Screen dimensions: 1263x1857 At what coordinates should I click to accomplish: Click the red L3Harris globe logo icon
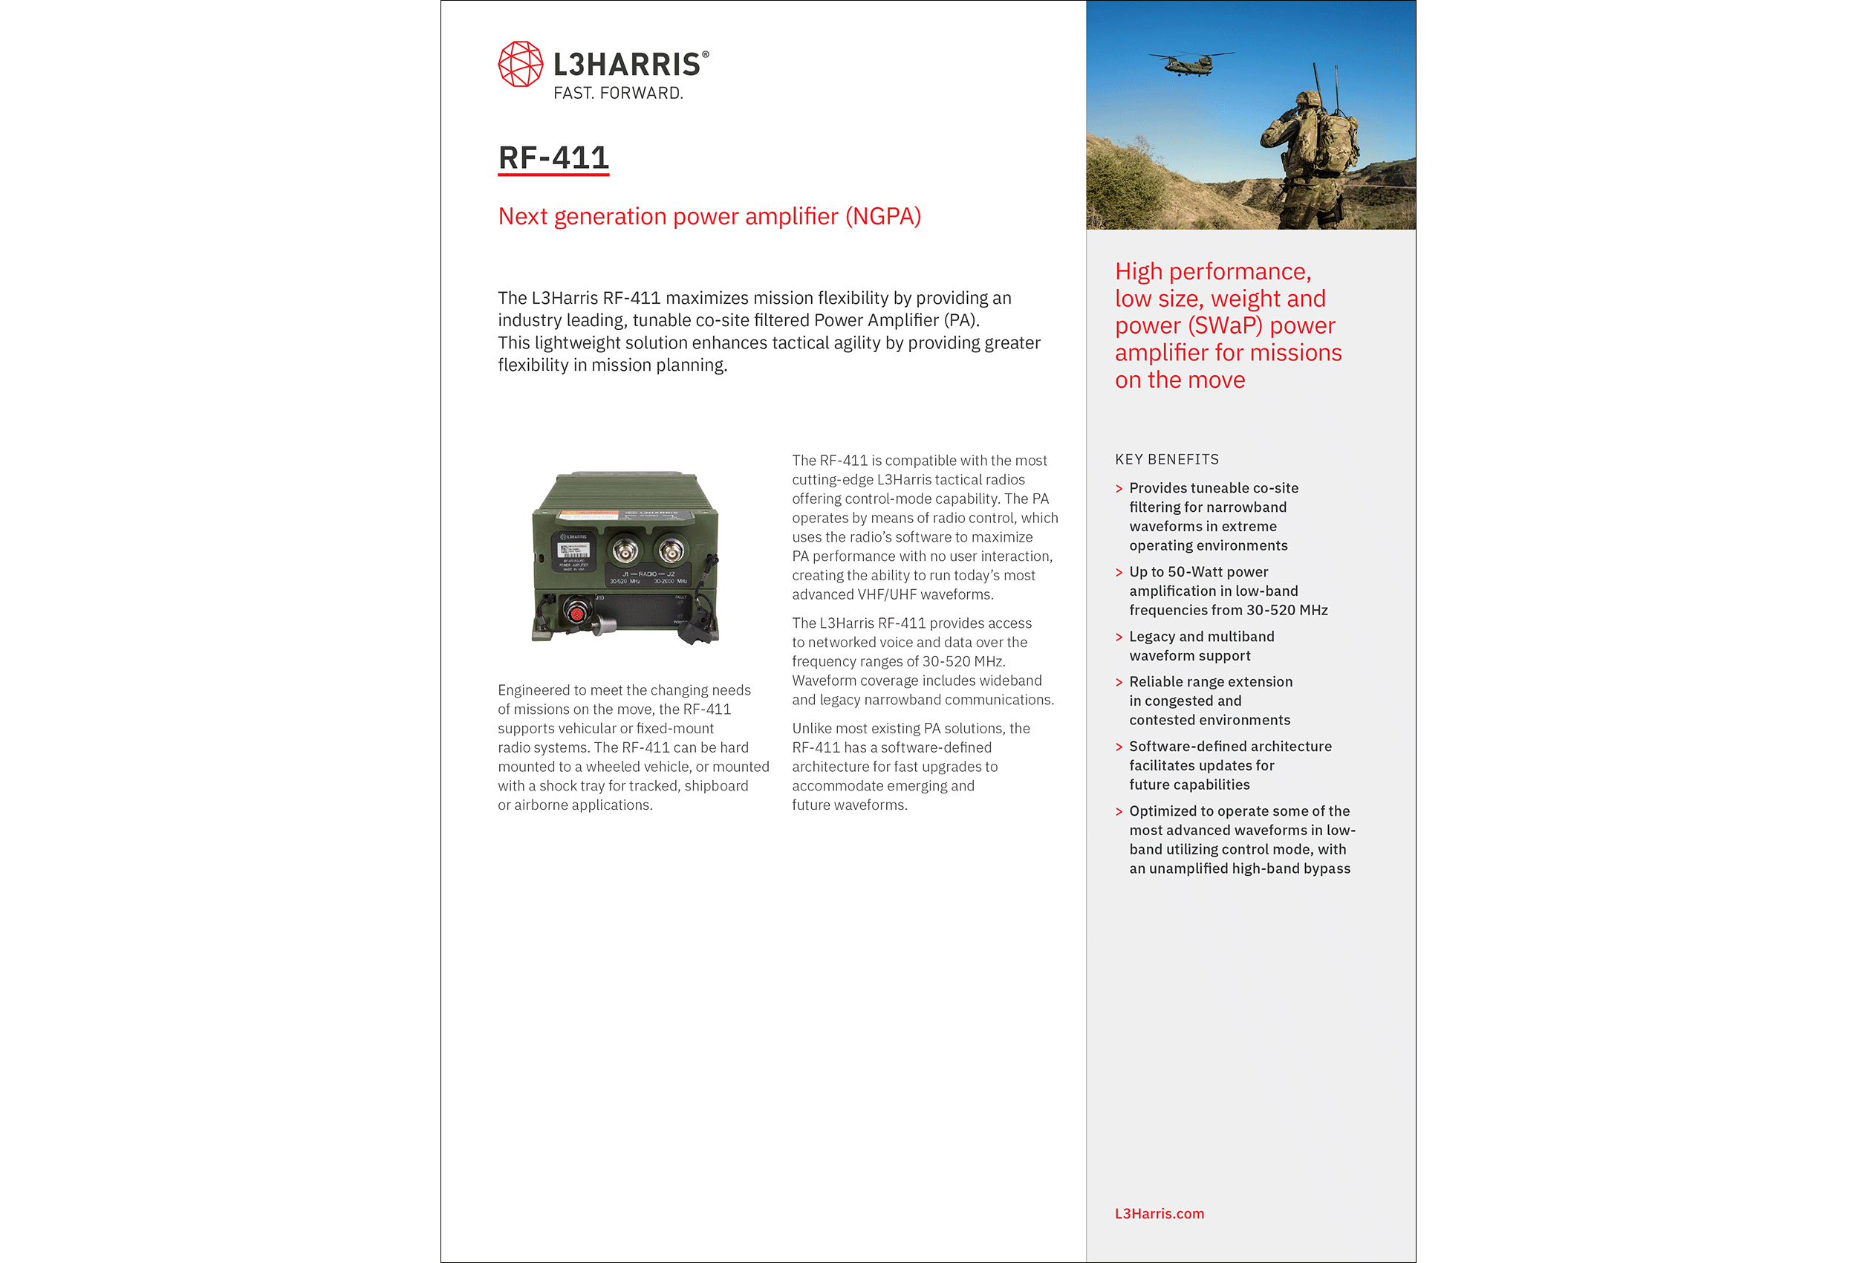pyautogui.click(x=520, y=64)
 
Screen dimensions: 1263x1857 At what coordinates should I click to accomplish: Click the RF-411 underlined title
pyautogui.click(x=553, y=158)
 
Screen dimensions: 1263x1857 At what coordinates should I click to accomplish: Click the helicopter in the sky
pyautogui.click(x=1191, y=62)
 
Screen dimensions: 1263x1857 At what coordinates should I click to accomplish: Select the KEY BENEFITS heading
pyautogui.click(x=1167, y=460)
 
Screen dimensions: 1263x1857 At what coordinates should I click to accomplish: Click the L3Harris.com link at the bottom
pyautogui.click(x=1159, y=1213)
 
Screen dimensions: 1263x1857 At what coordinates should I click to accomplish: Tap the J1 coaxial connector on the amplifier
pyautogui.click(x=625, y=551)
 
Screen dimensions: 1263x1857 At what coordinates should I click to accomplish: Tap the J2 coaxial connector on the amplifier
pyautogui.click(x=671, y=550)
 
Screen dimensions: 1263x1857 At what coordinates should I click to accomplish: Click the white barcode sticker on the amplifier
pyautogui.click(x=573, y=551)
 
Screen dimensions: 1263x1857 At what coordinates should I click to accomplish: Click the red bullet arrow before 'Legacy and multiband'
pyautogui.click(x=1119, y=637)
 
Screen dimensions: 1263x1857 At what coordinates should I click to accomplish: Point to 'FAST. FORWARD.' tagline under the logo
pyautogui.click(x=618, y=94)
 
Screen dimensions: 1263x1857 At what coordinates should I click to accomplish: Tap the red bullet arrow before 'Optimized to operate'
pyautogui.click(x=1119, y=811)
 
